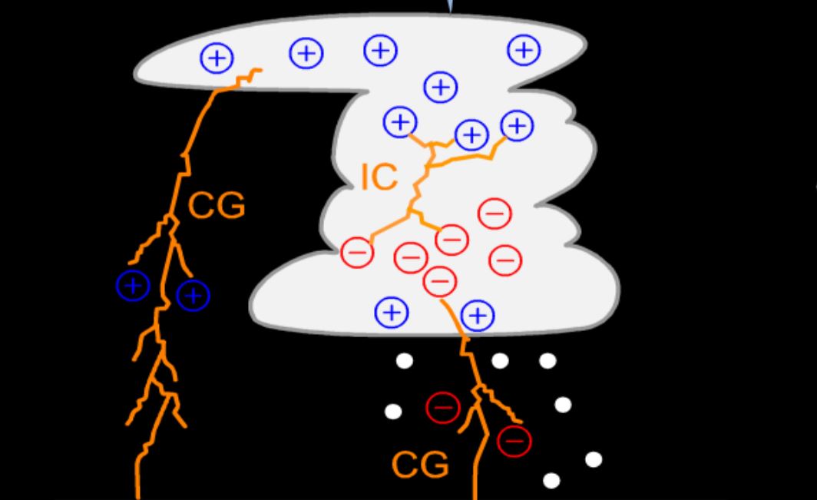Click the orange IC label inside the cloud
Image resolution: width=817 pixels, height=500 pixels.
click(x=379, y=177)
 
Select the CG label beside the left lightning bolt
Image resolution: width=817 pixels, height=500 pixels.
click(x=217, y=206)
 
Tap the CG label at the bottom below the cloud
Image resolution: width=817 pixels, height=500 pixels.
click(x=420, y=465)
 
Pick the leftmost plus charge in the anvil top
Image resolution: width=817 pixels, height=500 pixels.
click(x=217, y=58)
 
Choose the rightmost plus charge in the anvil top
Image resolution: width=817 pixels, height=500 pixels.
click(x=524, y=50)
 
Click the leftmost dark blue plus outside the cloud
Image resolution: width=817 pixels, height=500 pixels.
click(x=133, y=286)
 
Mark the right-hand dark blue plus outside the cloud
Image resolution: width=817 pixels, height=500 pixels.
click(x=193, y=295)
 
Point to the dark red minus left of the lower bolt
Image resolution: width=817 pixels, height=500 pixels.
click(x=442, y=407)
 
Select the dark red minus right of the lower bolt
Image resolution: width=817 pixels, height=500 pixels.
click(x=514, y=440)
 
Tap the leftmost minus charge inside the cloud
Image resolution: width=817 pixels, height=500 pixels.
click(x=357, y=252)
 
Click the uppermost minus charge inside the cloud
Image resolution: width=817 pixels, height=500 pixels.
click(x=495, y=213)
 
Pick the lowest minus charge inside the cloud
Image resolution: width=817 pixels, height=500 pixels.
click(x=440, y=280)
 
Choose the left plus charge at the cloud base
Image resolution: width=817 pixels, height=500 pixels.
click(x=392, y=312)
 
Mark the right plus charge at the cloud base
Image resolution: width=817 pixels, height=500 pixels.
click(x=478, y=315)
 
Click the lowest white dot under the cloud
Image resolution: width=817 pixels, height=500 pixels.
click(x=551, y=481)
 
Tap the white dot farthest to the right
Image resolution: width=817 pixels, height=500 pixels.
click(x=594, y=459)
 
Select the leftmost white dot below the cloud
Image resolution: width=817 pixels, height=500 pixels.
click(x=393, y=412)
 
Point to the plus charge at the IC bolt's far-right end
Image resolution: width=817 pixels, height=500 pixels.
click(x=517, y=125)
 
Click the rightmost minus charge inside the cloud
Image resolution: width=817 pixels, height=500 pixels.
click(x=505, y=260)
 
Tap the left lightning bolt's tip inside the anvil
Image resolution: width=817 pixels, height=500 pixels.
click(x=259, y=71)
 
